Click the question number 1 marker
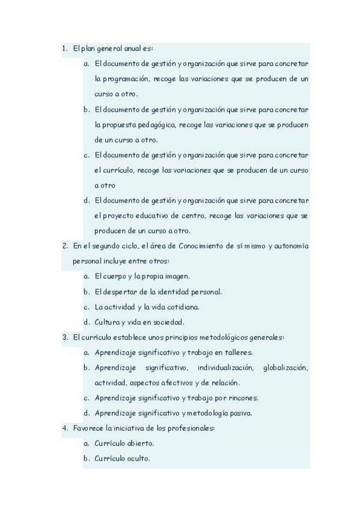coord(64,48)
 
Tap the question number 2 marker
coord(64,245)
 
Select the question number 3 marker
coord(64,337)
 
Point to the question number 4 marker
coord(64,428)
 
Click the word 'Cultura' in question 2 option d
coord(107,322)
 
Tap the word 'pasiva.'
coord(238,413)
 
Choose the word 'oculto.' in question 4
coord(136,458)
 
